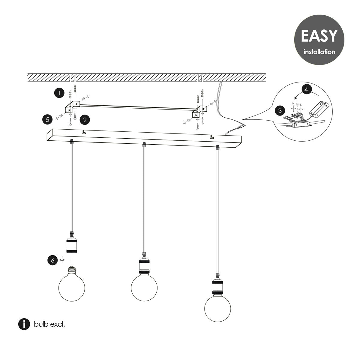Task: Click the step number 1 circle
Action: tap(59, 93)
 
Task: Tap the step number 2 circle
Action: tap(85, 120)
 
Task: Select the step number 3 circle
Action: tap(280, 111)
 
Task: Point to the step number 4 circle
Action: tap(306, 89)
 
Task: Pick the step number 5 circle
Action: tap(47, 120)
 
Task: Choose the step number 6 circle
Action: tap(53, 260)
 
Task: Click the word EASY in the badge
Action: tap(319, 36)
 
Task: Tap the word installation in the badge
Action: tap(319, 52)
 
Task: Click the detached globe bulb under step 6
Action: tap(72, 288)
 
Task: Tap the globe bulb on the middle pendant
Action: tap(144, 288)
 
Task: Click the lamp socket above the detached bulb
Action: tap(72, 244)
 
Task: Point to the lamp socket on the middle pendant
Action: tap(144, 265)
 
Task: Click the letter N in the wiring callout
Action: tap(293, 103)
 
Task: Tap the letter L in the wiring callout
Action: tap(301, 104)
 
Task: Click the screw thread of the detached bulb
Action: tap(72, 270)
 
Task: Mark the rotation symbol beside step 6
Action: tap(62, 260)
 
